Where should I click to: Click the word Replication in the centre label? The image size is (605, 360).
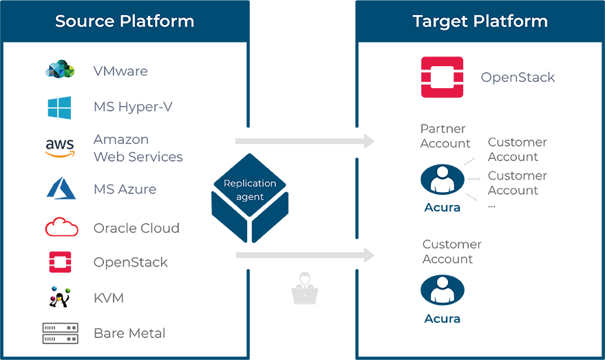(x=250, y=184)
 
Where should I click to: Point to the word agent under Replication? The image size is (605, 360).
(x=250, y=197)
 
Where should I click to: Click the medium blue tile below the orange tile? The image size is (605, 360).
(x=55, y=189)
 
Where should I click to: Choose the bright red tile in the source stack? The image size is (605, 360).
(x=55, y=228)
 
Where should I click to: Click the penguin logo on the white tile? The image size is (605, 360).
(x=61, y=299)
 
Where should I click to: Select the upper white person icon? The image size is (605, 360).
(x=441, y=179)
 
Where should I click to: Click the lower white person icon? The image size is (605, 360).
(x=441, y=290)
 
